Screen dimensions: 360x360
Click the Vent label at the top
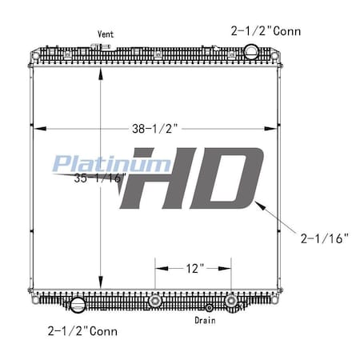105,34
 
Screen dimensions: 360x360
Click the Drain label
205,320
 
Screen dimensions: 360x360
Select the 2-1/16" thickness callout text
324,237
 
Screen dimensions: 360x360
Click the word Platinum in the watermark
111,164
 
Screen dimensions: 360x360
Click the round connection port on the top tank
250,53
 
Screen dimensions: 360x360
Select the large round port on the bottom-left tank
78,305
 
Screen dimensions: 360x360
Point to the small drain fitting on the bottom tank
209,307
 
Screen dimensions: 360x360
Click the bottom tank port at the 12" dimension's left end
155,302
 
